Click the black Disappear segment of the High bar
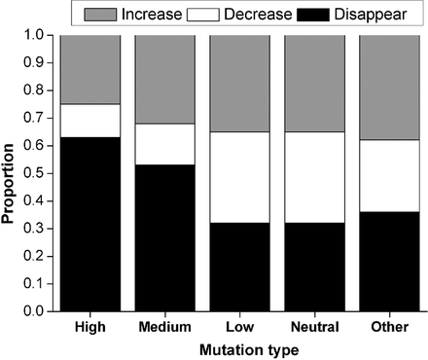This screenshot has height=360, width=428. pyautogui.click(x=89, y=224)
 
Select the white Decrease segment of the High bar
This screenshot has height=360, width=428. pyautogui.click(x=89, y=121)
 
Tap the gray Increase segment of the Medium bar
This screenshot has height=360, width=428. pyautogui.click(x=164, y=79)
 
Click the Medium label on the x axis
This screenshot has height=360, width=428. pyautogui.click(x=164, y=328)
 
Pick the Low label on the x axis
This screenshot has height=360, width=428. pyautogui.click(x=239, y=328)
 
